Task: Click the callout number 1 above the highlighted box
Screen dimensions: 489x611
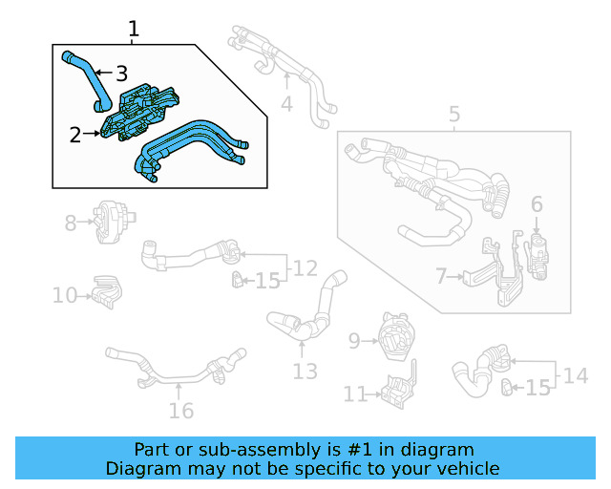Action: click(134, 29)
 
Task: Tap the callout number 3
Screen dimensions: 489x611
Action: click(121, 73)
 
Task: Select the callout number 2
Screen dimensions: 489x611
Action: click(75, 135)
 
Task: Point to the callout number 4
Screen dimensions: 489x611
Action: click(286, 103)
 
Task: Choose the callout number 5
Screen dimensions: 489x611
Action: click(454, 116)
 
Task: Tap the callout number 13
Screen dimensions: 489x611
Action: click(305, 371)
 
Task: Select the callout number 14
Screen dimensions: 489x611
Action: click(575, 375)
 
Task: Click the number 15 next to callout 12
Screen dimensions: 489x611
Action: click(267, 281)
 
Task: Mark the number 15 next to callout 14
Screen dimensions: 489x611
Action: click(537, 388)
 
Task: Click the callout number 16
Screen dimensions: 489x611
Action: click(180, 411)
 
